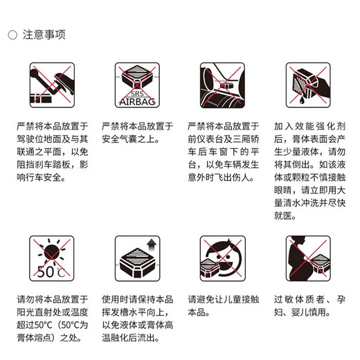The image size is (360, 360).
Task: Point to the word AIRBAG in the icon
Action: click(x=136, y=101)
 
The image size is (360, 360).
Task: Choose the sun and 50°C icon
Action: click(x=52, y=258)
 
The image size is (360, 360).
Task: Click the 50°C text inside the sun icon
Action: click(x=49, y=271)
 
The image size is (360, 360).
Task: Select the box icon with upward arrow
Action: click(x=136, y=258)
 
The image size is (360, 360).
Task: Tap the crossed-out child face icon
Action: click(x=222, y=258)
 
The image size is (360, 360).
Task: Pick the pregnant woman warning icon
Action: click(x=307, y=258)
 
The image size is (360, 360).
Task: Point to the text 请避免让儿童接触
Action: click(x=223, y=300)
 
